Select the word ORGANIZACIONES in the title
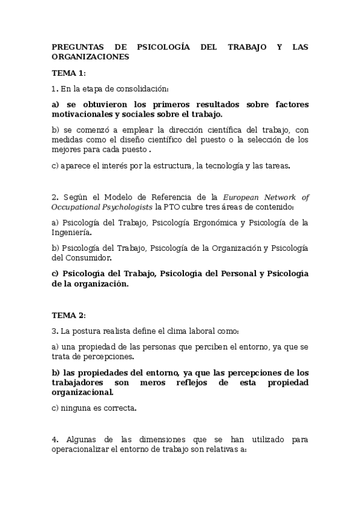(90, 57)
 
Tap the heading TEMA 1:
(69, 73)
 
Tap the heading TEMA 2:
(69, 315)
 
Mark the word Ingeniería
(72, 232)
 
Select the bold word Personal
(232, 274)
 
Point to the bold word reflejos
(198, 382)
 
